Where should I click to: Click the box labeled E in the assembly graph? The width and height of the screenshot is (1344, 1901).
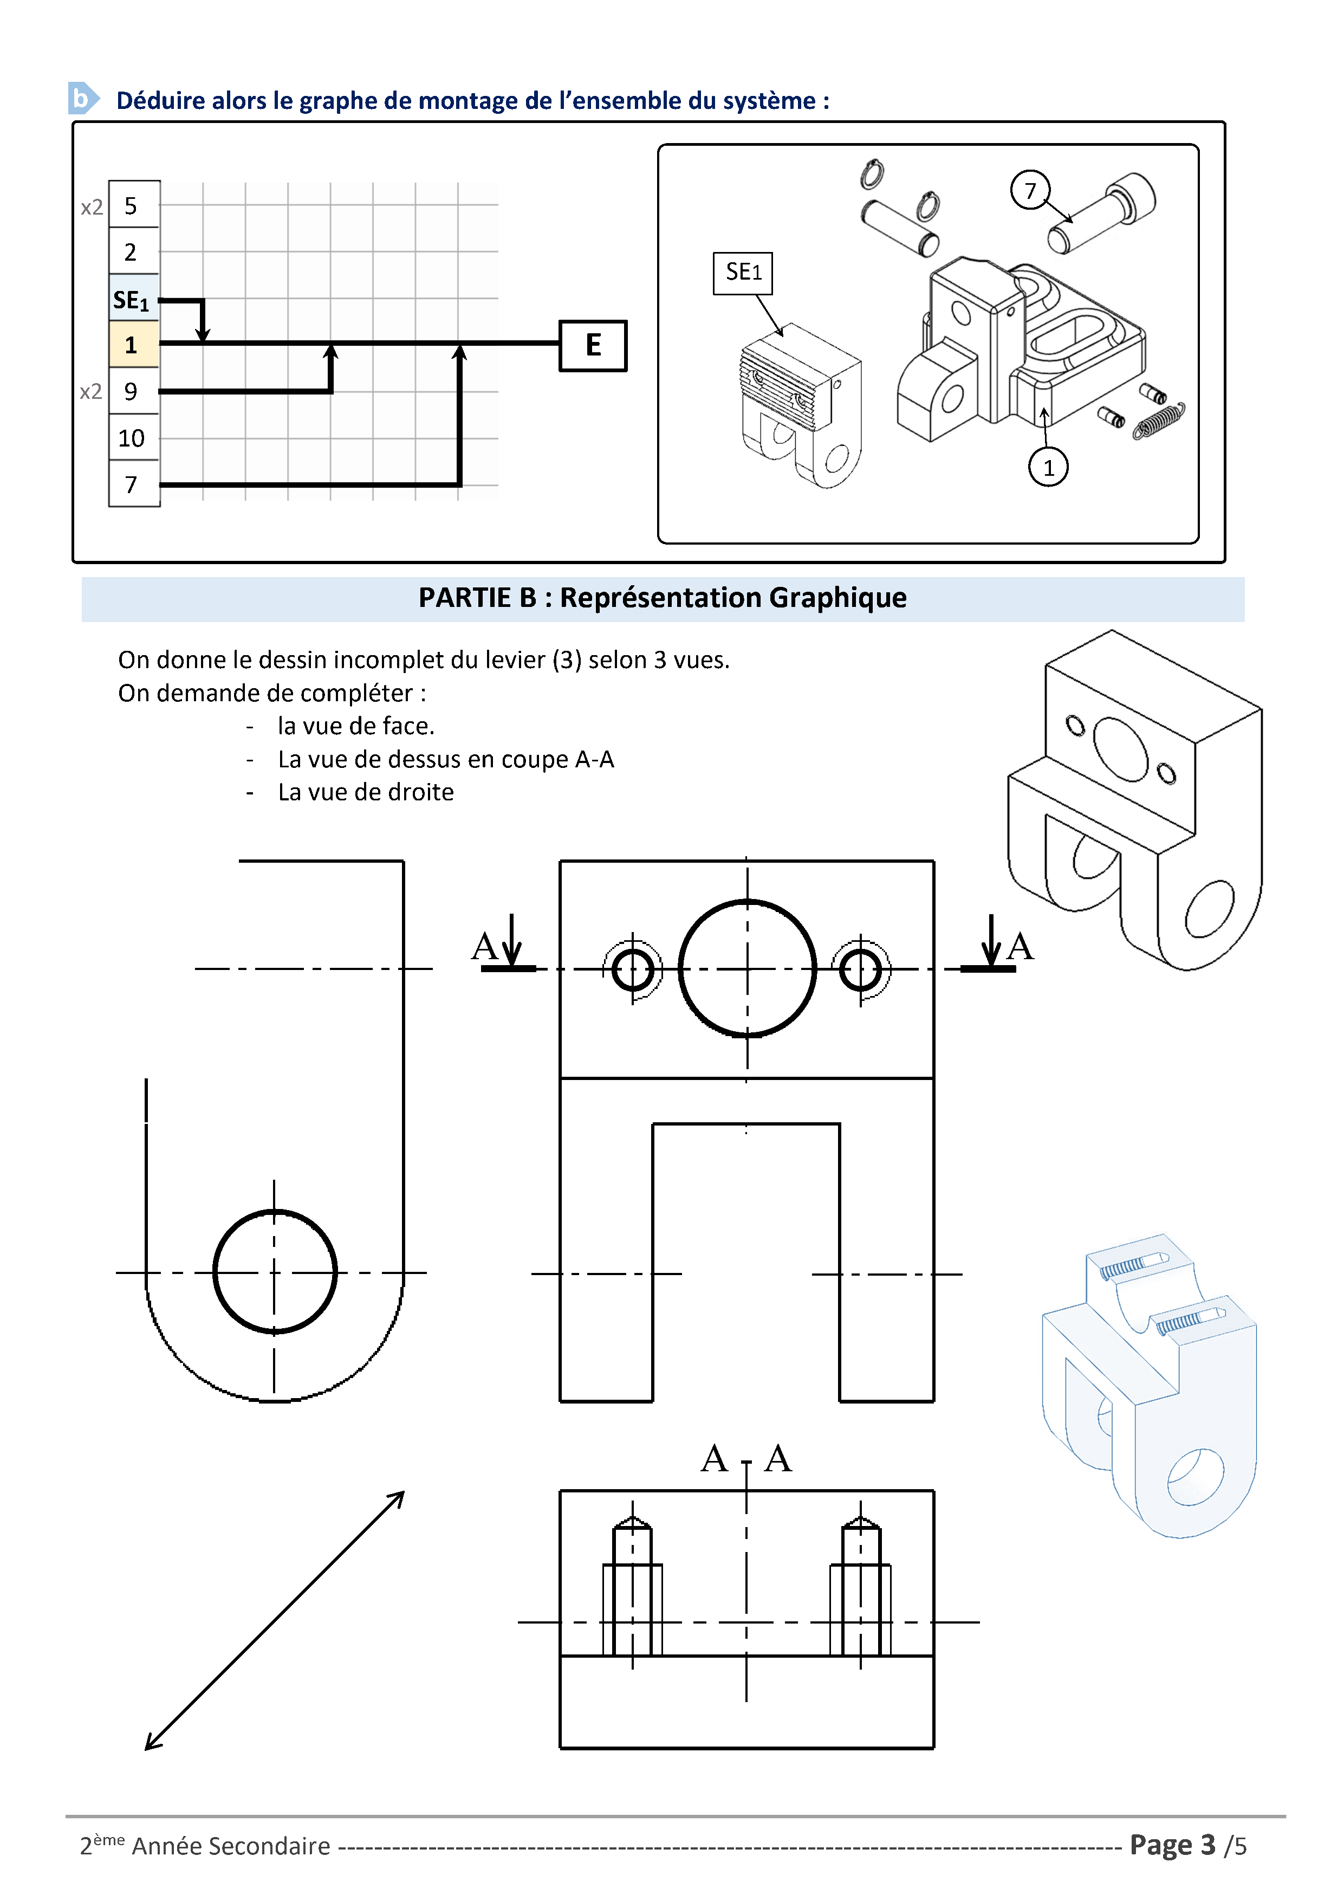pyautogui.click(x=593, y=345)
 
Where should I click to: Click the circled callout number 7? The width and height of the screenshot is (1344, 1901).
pyautogui.click(x=1029, y=190)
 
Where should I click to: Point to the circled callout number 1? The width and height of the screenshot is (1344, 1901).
pyautogui.click(x=1048, y=468)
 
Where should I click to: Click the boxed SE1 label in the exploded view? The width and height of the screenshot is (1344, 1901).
pyautogui.click(x=742, y=273)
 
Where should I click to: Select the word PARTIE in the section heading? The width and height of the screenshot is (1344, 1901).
pyautogui.click(x=465, y=598)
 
